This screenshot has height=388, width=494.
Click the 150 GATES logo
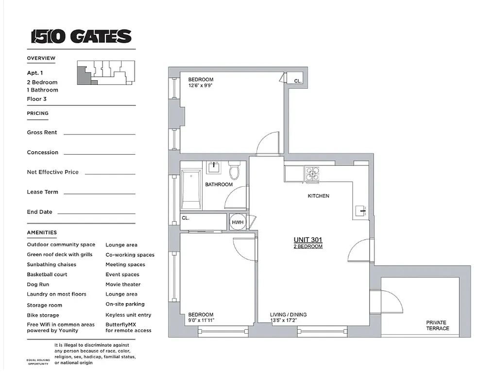tap(81, 36)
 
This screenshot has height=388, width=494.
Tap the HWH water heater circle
tap(238, 223)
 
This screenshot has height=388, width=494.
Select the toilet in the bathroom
tap(235, 170)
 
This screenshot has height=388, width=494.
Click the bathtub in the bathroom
tap(191, 189)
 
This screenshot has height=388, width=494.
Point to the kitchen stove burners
tap(312, 174)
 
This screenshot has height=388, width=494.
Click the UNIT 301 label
tap(307, 240)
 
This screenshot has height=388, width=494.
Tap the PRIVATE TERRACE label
tap(436, 325)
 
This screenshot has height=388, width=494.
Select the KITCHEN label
tap(318, 196)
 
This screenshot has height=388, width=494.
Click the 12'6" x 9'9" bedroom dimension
tap(201, 85)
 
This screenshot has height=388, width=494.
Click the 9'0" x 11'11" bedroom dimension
tap(201, 321)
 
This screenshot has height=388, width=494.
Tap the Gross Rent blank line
tap(99, 134)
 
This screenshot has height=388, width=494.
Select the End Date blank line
tap(96, 213)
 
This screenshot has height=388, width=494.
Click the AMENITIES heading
tap(42, 233)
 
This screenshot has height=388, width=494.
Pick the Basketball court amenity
tap(47, 275)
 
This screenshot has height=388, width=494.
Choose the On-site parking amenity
tap(125, 304)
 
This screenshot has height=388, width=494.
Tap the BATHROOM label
tap(219, 185)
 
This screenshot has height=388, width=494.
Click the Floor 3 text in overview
tap(36, 99)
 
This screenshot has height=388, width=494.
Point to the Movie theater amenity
tap(123, 284)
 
